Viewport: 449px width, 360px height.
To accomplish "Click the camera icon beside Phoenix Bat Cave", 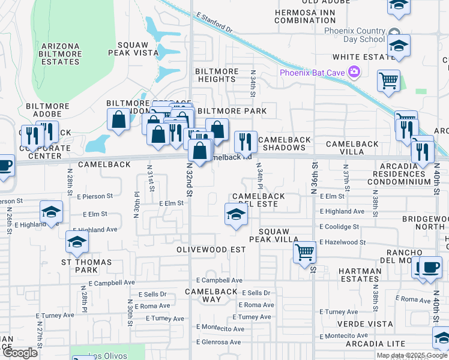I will tap(354, 73).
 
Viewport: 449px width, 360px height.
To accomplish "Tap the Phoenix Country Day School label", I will tap(354, 35).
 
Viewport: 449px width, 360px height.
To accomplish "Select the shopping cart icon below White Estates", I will tap(389, 80).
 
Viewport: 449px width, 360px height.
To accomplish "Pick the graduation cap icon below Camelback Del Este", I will tap(236, 214).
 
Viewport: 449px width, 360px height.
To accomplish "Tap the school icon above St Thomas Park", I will tap(77, 242).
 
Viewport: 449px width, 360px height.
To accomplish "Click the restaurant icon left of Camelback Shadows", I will tap(245, 142).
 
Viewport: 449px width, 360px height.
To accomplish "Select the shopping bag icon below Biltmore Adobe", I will tap(119, 119).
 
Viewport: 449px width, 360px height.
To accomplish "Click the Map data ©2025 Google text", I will tap(411, 355).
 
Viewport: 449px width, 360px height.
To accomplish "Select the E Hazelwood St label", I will tap(342, 242).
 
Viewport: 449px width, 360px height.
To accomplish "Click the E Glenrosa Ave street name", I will tap(218, 342).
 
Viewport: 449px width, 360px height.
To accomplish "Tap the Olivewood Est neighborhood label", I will tap(211, 249).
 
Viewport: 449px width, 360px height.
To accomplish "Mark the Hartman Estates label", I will tap(360, 275).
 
